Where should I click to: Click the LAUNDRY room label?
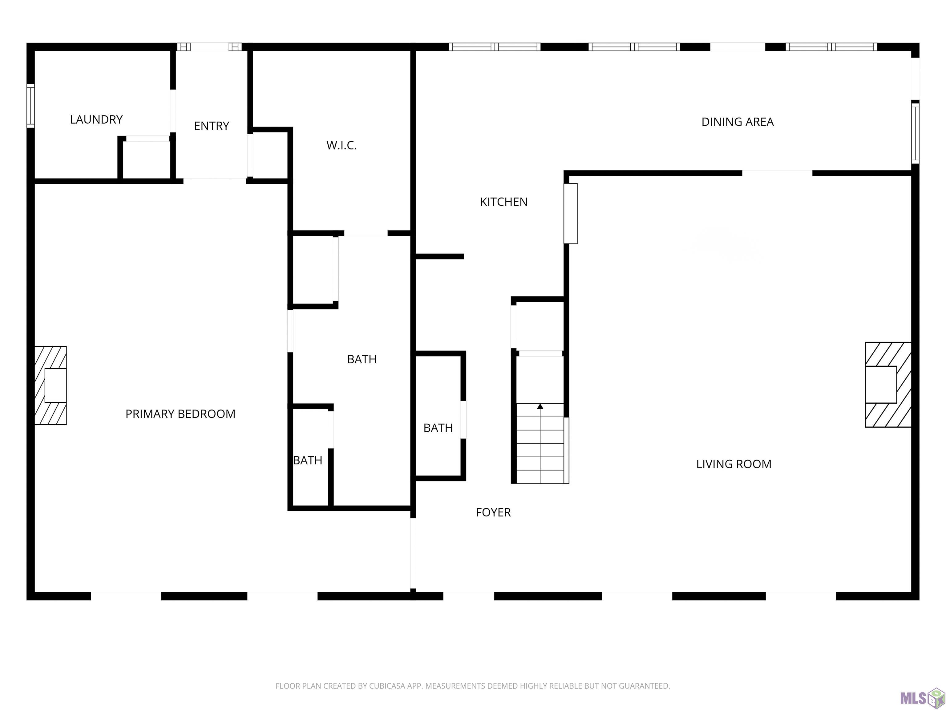96,119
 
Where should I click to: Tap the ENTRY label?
212,126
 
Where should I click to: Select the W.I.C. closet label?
341,145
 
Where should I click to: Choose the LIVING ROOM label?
734,464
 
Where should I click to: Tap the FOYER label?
493,512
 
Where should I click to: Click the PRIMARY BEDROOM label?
180,414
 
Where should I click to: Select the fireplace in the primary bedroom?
51,385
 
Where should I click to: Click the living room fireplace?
888,384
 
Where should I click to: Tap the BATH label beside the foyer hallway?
438,428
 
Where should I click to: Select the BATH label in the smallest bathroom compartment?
308,460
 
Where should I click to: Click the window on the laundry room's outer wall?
30,106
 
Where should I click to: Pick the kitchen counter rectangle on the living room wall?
571,214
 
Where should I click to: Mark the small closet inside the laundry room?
146,159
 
